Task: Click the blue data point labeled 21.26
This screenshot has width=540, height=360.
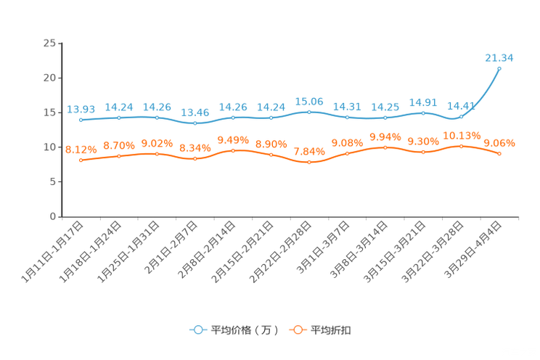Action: [x=499, y=68]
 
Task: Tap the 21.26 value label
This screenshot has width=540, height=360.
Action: [x=499, y=58]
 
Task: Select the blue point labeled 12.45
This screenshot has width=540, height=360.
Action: [x=195, y=123]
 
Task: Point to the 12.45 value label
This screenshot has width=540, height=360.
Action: [x=195, y=112]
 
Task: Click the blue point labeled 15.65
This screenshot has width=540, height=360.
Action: [x=309, y=112]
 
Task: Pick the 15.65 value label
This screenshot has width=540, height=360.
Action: [x=309, y=102]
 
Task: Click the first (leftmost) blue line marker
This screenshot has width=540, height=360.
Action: [x=81, y=120]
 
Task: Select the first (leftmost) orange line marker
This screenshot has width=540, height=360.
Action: [x=81, y=160]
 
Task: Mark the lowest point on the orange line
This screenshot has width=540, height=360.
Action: [x=309, y=162]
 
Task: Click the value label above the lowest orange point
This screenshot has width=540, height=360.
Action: [x=309, y=152]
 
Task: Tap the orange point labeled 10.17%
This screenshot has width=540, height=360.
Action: [x=461, y=146]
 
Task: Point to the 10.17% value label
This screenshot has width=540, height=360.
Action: [x=461, y=136]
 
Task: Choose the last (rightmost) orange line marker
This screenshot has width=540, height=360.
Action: [x=499, y=153]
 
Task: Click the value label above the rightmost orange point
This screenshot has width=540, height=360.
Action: [x=499, y=142]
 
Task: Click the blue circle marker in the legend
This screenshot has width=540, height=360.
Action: [x=198, y=330]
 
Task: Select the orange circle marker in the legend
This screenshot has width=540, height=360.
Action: [x=298, y=330]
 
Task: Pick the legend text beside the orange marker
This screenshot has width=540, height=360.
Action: [x=331, y=330]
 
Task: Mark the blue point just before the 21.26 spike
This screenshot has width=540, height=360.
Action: [x=461, y=116]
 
